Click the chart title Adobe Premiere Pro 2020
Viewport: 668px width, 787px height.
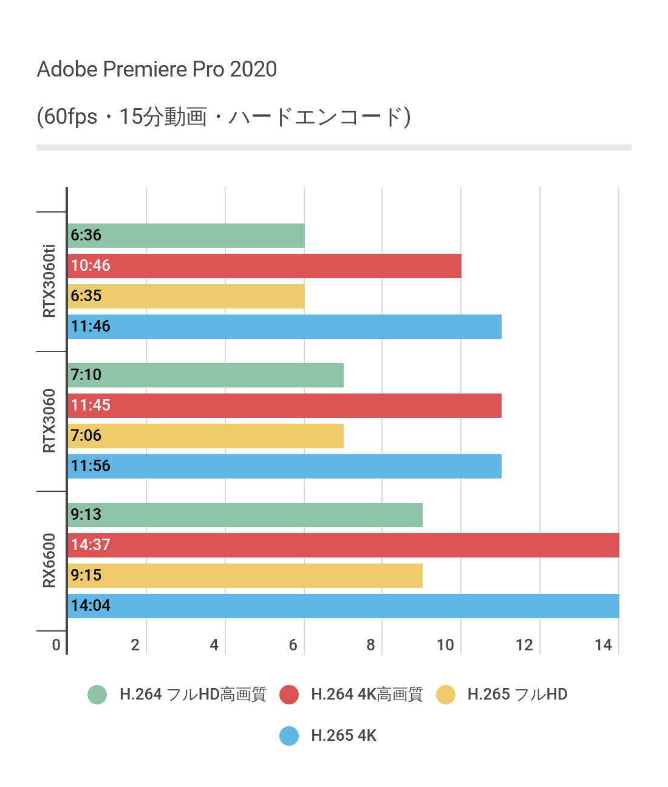[x=157, y=69]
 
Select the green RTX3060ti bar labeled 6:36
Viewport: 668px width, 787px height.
[x=186, y=236]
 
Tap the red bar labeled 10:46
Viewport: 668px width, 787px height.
[x=264, y=266]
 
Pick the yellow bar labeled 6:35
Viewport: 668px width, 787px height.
[x=186, y=296]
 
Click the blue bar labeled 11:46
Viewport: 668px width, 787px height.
[x=284, y=327]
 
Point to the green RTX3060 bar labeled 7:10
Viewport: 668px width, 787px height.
[x=205, y=375]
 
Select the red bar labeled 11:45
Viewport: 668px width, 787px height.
[x=284, y=406]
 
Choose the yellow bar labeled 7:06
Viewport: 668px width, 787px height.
[x=205, y=436]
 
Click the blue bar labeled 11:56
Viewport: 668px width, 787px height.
[x=284, y=466]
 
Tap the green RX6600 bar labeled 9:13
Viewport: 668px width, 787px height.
[x=245, y=515]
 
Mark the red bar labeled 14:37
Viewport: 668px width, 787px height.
[x=343, y=545]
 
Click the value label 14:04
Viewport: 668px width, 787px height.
[x=90, y=605]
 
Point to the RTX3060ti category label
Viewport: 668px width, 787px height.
[x=49, y=281]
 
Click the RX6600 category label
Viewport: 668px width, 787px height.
[x=49, y=560]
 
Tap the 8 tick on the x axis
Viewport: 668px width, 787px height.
[x=370, y=645]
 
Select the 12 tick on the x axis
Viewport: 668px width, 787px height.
[x=524, y=645]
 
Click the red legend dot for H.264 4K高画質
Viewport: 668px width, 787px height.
[x=289, y=695]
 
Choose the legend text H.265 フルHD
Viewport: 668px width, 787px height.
[x=517, y=695]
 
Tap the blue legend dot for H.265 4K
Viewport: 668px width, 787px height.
[x=289, y=736]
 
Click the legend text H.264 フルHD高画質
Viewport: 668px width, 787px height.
[x=193, y=695]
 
